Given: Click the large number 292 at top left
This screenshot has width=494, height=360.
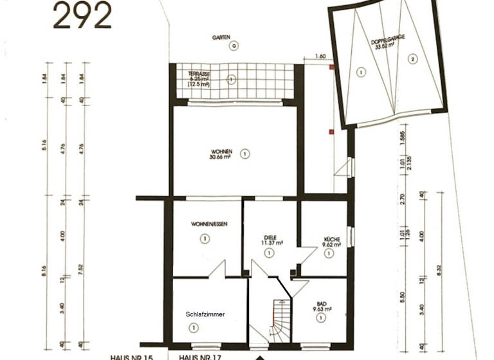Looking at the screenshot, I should click(82, 16).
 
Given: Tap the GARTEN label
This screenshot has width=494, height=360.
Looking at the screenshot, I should click(221, 38).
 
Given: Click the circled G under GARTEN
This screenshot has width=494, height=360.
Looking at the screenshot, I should click(234, 46).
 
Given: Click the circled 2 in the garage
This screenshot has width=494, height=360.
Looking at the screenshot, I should click(412, 60).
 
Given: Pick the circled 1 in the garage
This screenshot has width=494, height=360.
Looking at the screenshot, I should click(361, 73).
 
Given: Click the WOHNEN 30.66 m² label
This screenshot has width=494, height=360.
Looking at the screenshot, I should click(220, 154).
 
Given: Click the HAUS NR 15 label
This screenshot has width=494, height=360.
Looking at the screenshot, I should click(131, 356).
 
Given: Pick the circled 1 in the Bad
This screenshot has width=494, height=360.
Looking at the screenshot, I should click(320, 319).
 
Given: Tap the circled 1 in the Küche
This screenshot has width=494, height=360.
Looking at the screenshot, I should click(329, 254).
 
